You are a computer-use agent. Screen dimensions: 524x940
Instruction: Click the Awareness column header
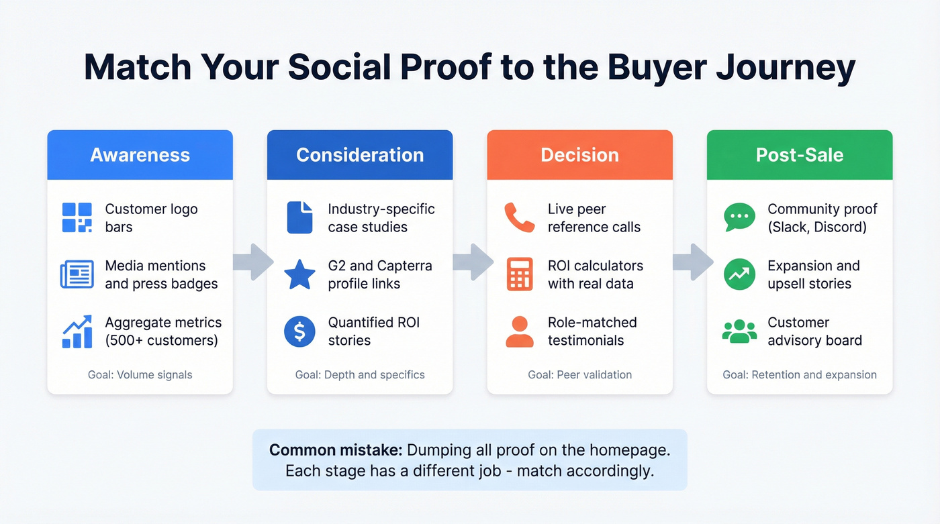pyautogui.click(x=140, y=155)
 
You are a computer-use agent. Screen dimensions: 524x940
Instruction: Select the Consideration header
pyautogui.click(x=360, y=155)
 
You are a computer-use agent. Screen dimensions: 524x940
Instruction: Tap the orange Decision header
pyautogui.click(x=579, y=155)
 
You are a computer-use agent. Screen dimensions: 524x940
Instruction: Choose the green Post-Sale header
pyautogui.click(x=800, y=155)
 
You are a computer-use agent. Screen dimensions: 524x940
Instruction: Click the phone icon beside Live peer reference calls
pyautogui.click(x=519, y=218)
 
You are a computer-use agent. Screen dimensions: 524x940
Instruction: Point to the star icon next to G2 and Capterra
pyautogui.click(x=299, y=274)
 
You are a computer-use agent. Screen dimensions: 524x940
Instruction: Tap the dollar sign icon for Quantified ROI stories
pyautogui.click(x=299, y=331)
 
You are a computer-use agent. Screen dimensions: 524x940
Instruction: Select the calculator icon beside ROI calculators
pyautogui.click(x=519, y=274)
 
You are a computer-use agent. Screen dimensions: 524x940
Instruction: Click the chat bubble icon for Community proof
pyautogui.click(x=739, y=218)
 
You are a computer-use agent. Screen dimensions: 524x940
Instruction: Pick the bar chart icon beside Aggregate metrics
pyautogui.click(x=77, y=331)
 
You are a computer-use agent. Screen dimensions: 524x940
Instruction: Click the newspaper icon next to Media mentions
pyautogui.click(x=77, y=274)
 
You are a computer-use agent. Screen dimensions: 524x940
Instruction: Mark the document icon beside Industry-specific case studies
pyautogui.click(x=299, y=218)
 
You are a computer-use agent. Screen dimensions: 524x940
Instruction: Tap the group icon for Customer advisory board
pyautogui.click(x=739, y=331)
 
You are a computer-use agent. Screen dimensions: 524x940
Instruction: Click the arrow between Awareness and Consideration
pyautogui.click(x=252, y=262)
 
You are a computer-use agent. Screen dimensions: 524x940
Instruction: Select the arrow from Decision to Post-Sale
pyautogui.click(x=692, y=262)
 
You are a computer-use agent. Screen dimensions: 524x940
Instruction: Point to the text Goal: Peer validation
pyautogui.click(x=579, y=374)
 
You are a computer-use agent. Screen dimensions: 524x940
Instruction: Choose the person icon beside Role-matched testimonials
pyautogui.click(x=519, y=331)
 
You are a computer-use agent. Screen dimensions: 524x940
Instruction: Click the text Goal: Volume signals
pyautogui.click(x=140, y=374)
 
